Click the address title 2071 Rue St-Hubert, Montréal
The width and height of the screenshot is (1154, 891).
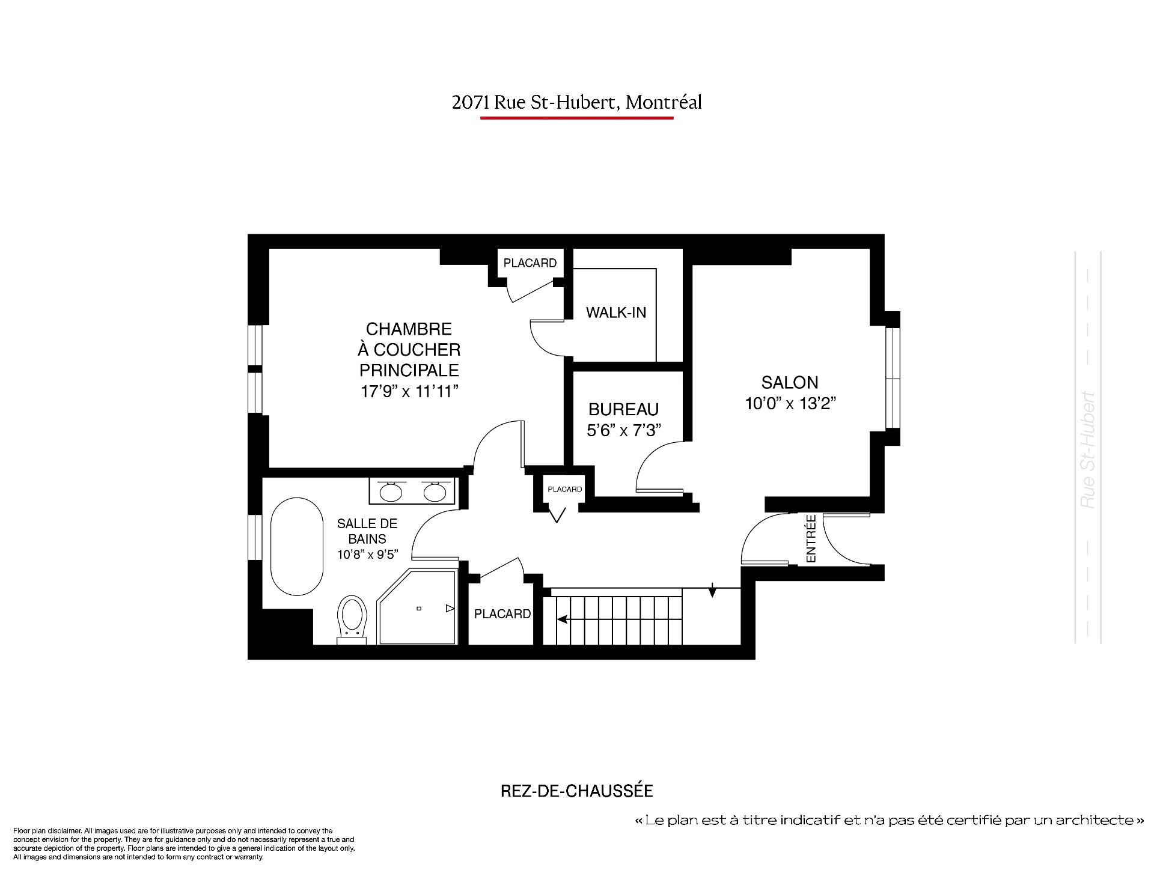click(576, 103)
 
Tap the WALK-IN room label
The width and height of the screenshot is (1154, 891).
click(616, 312)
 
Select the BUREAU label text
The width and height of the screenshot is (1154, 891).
click(624, 410)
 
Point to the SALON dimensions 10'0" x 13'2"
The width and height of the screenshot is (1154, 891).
click(791, 403)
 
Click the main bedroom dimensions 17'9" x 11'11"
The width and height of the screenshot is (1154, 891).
click(409, 392)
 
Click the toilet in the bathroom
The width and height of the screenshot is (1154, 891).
click(352, 619)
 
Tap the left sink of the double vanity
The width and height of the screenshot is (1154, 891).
click(391, 491)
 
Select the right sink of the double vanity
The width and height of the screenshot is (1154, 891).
click(435, 491)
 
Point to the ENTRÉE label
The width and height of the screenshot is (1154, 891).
click(811, 538)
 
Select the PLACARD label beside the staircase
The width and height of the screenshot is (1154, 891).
click(502, 614)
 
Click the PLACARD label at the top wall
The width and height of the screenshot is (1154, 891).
click(530, 263)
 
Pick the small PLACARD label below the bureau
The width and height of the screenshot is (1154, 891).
click(565, 490)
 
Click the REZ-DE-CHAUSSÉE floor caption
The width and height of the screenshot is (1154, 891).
click(576, 791)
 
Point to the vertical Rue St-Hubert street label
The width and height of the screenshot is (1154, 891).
click(1087, 451)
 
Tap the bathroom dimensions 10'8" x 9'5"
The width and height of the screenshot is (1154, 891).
click(368, 555)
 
